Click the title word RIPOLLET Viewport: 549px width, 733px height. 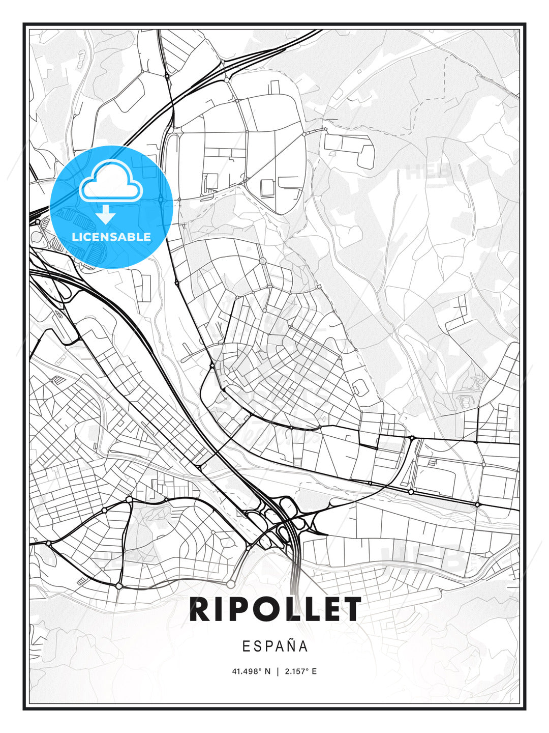[x=274, y=609]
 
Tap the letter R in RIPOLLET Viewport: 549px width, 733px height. [x=200, y=609]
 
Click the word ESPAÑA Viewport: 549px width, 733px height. [x=274, y=646]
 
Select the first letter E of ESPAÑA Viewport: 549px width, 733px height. [x=246, y=646]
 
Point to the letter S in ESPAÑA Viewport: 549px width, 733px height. [x=257, y=646]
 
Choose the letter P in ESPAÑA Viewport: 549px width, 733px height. [x=268, y=646]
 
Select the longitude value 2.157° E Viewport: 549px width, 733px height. [x=300, y=671]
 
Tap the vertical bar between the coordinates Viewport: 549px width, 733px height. [x=277, y=671]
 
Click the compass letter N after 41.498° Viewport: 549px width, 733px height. [x=267, y=671]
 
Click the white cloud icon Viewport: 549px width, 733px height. [x=110, y=181]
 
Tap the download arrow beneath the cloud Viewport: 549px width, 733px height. [x=106, y=214]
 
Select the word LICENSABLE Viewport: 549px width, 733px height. [x=111, y=237]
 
